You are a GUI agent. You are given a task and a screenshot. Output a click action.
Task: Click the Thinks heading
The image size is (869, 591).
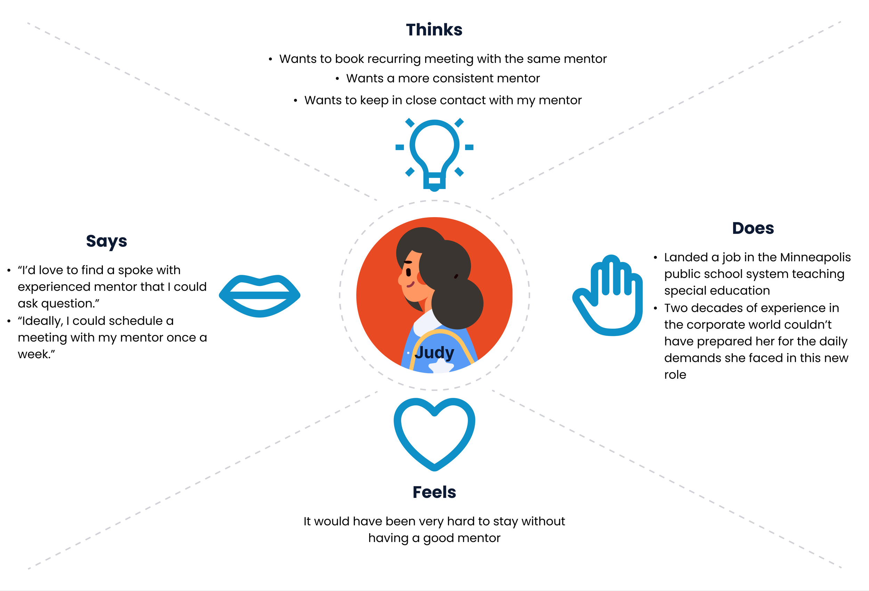[434, 30]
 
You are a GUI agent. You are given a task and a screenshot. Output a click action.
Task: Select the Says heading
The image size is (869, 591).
[107, 241]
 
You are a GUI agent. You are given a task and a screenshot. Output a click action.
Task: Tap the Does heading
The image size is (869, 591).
[753, 228]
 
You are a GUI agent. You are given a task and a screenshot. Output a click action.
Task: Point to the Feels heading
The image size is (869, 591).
[434, 492]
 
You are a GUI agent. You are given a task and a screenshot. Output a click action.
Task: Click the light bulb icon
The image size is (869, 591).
[434, 153]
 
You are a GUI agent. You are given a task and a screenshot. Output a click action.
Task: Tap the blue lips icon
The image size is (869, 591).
[260, 296]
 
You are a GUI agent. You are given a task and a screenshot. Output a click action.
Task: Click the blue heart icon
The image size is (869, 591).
[434, 434]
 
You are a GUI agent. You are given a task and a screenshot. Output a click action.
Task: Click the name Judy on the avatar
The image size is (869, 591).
[434, 353]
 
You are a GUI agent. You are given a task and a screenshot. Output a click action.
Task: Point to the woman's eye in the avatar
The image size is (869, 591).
[408, 272]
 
